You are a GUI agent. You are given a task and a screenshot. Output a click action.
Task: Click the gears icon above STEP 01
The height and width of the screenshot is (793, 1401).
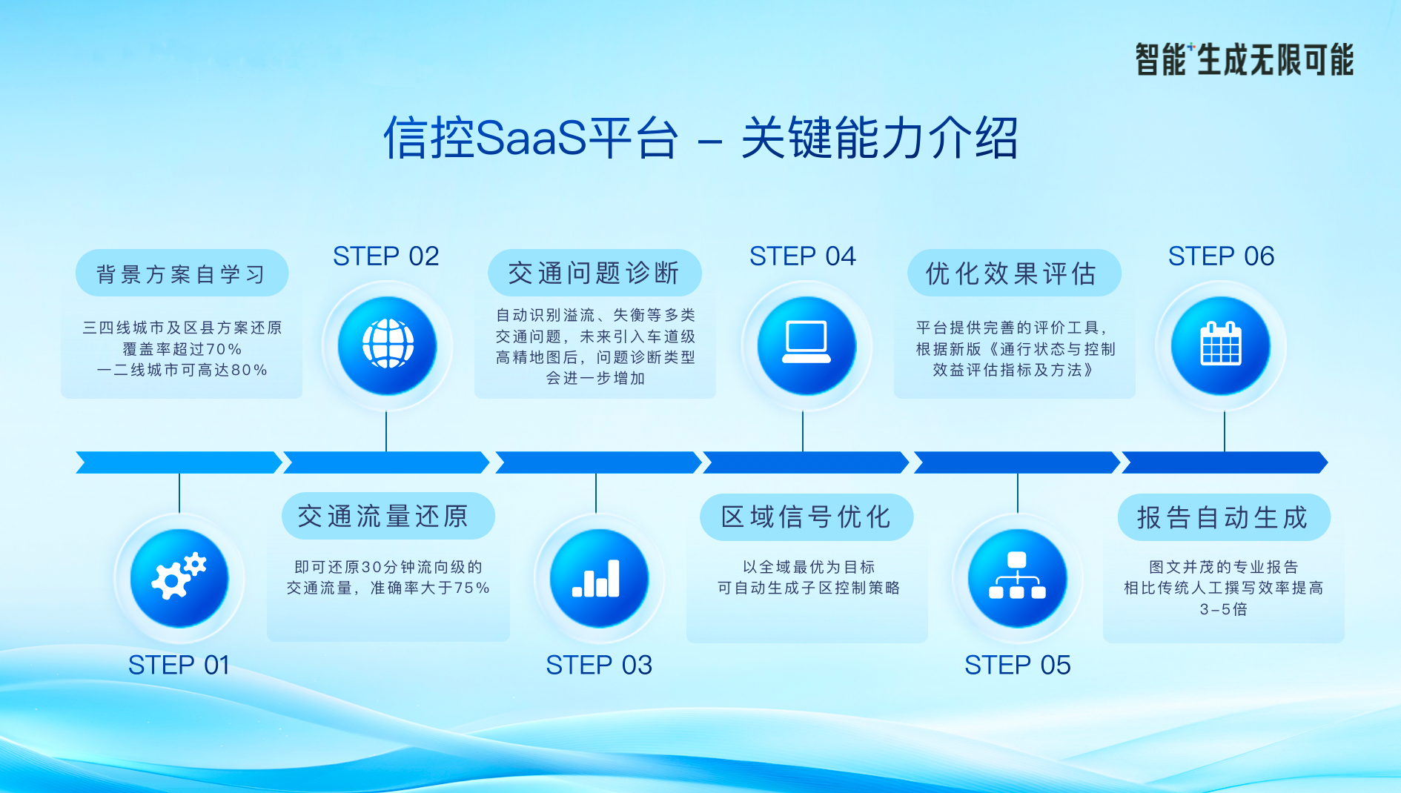tap(179, 577)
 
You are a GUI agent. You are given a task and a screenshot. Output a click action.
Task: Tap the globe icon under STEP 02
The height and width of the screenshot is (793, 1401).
tap(388, 344)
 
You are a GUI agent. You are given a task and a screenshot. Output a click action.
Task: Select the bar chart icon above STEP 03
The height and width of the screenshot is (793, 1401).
tap(596, 578)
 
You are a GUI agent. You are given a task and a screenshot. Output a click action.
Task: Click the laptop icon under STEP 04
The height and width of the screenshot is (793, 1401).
tap(807, 342)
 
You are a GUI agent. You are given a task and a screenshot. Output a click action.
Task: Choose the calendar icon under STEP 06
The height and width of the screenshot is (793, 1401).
tap(1220, 343)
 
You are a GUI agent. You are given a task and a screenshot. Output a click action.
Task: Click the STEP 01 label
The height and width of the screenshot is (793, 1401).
tap(179, 665)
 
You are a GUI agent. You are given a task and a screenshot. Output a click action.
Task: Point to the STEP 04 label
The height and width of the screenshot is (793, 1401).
tap(803, 256)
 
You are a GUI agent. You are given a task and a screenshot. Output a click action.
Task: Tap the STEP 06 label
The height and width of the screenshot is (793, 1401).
tap(1222, 256)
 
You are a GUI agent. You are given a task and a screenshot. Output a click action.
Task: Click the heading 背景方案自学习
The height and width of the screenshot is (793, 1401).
tap(181, 274)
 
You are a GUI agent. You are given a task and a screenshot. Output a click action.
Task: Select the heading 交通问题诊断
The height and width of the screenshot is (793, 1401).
tap(594, 273)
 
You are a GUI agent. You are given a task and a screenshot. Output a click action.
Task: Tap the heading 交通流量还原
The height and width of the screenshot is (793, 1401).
tap(383, 516)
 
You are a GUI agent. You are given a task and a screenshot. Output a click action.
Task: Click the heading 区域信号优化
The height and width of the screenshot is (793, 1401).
tap(807, 517)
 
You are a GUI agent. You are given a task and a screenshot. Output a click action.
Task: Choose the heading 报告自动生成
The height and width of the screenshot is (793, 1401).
tap(1223, 517)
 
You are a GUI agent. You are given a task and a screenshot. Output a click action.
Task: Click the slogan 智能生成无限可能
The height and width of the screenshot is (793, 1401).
tap(1245, 60)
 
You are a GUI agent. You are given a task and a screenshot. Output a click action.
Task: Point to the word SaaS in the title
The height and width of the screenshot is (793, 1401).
tap(531, 138)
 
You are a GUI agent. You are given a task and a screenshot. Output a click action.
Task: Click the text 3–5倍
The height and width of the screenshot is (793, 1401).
tap(1224, 609)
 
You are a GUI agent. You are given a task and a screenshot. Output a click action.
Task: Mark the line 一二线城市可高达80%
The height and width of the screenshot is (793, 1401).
tap(182, 370)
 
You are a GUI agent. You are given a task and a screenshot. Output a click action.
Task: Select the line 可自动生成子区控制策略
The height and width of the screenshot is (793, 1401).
tap(809, 588)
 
